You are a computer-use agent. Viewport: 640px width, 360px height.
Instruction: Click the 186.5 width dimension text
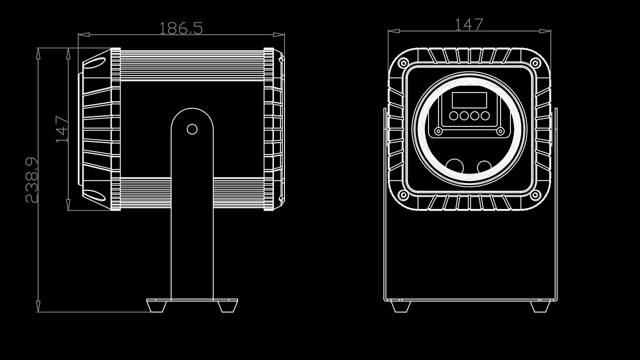181,28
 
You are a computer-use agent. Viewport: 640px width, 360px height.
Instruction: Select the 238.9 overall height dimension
31,180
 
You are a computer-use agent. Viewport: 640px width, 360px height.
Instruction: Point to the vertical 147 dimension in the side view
61,129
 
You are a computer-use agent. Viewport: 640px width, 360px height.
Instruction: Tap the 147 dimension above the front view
469,24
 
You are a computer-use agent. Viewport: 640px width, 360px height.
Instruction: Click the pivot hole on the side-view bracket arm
192,129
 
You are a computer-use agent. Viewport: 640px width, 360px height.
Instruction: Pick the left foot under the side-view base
156,305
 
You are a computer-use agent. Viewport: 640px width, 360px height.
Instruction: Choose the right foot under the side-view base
228,305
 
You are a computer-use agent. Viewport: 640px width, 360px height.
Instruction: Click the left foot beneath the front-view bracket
400,306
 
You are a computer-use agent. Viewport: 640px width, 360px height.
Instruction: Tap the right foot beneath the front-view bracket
540,306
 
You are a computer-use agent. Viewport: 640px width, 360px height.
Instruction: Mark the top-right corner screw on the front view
535,63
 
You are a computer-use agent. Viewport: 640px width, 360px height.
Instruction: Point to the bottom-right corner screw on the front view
535,195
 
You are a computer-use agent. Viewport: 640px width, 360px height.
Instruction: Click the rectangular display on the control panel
469,100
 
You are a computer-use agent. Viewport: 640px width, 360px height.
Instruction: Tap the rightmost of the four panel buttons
485,116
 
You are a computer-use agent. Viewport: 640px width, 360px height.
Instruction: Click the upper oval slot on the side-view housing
94,62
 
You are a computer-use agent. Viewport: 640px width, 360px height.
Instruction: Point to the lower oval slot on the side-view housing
94,195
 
